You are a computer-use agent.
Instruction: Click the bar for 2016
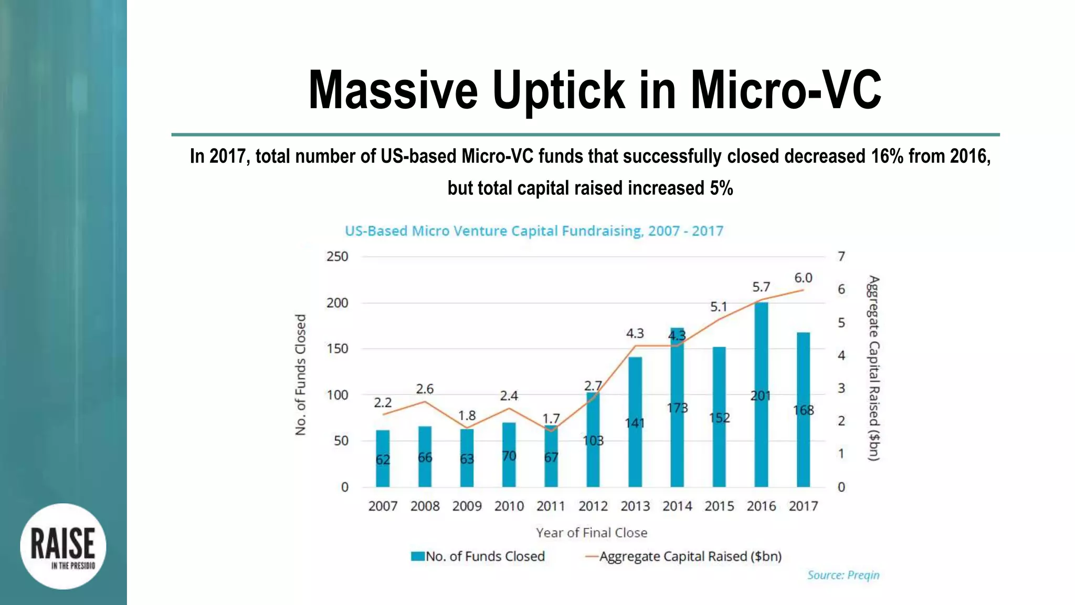tap(761, 394)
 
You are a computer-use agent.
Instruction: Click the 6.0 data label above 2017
tap(803, 278)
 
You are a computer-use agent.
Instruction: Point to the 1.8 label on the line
tap(467, 416)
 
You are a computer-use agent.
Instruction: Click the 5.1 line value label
tap(719, 307)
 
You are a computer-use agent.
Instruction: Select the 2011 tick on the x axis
tap(551, 506)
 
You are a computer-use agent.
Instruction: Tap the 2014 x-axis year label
tap(677, 506)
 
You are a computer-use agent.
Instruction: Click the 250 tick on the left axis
tap(337, 257)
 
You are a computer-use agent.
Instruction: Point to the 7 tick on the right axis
tap(841, 257)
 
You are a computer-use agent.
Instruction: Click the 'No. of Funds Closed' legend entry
tap(478, 557)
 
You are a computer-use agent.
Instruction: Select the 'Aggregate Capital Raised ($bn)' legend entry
tap(683, 557)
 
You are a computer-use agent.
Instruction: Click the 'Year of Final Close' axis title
tap(592, 533)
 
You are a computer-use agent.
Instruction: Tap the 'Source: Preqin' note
tap(843, 575)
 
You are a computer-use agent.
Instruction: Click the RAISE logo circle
tap(63, 546)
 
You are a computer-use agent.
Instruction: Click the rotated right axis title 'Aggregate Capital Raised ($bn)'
tap(873, 368)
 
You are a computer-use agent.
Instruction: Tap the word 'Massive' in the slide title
tap(393, 90)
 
